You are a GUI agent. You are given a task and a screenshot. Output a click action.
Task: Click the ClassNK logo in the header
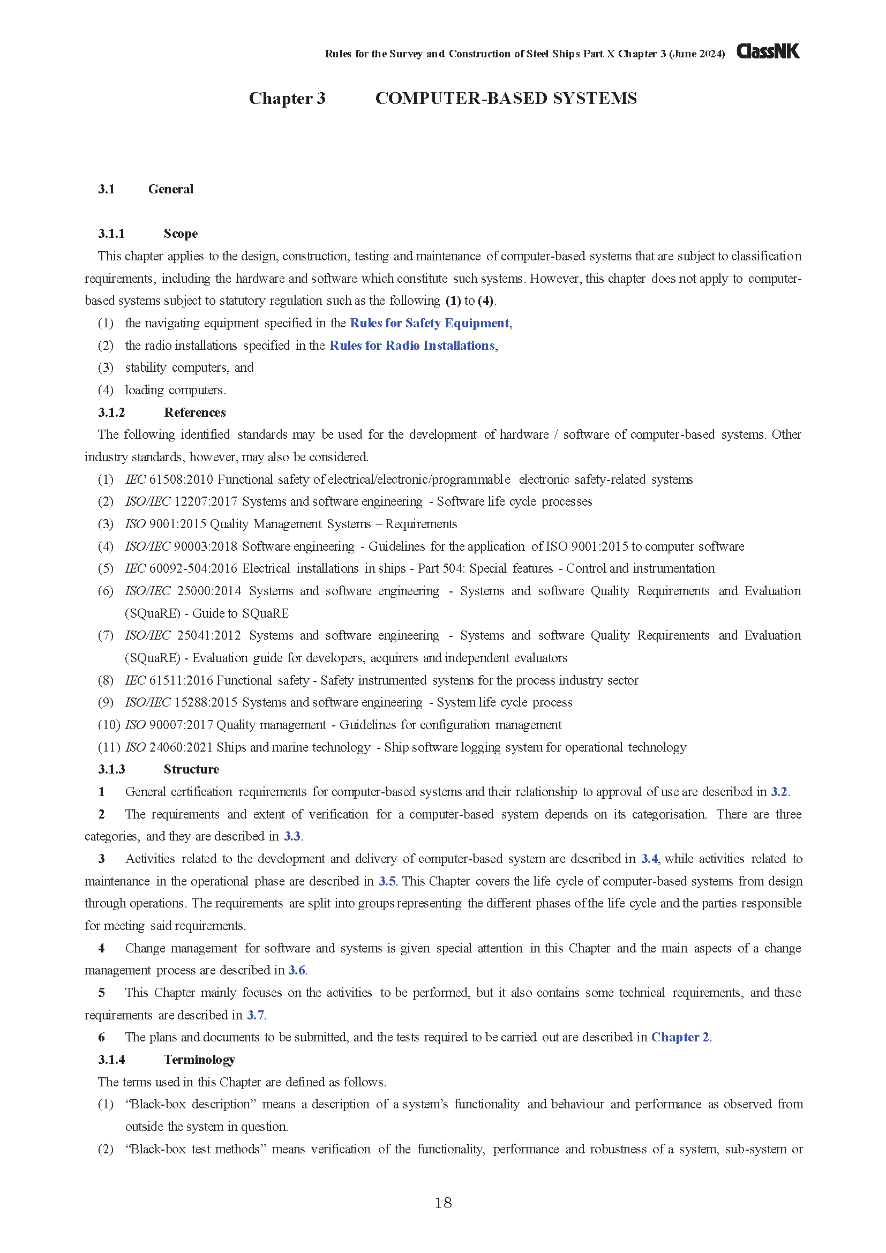pos(768,51)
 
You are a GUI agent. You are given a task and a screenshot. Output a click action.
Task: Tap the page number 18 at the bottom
pos(443,1203)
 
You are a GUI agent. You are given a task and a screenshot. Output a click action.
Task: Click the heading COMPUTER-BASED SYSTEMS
pos(506,98)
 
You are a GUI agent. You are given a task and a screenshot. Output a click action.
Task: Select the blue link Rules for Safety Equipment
pos(430,323)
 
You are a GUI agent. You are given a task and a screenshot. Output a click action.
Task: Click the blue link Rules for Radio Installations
pos(412,346)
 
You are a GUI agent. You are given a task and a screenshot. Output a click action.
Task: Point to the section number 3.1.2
pos(111,412)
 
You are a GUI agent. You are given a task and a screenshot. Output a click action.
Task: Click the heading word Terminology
pos(199,1059)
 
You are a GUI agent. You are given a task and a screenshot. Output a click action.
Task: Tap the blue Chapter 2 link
pos(680,1037)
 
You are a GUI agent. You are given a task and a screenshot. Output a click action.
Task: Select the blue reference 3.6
pos(297,970)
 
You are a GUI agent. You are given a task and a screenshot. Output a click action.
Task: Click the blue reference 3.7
pos(256,1015)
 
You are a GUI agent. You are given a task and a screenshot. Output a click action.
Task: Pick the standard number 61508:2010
pos(181,479)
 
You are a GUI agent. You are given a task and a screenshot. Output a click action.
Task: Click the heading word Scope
pos(181,234)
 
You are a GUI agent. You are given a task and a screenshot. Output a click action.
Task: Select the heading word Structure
pos(191,769)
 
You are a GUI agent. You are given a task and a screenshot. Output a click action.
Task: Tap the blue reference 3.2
pos(778,792)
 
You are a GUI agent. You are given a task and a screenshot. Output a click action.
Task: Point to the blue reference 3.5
pos(387,881)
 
